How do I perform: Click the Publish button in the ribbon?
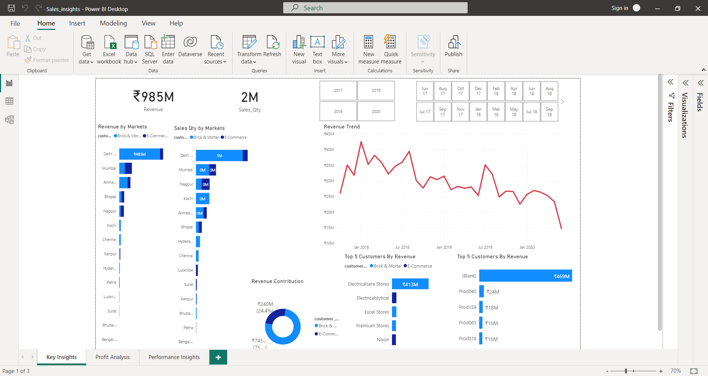pos(453,46)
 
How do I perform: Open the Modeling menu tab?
pos(113,23)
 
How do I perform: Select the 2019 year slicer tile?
pos(376,90)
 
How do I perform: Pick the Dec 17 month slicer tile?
pos(478,91)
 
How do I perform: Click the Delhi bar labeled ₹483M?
pos(140,154)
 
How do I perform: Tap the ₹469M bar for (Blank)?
pos(525,276)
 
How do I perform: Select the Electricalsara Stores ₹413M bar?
pos(410,284)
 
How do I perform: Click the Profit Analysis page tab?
pos(112,357)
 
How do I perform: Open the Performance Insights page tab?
pos(174,357)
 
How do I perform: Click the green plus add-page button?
pos(218,357)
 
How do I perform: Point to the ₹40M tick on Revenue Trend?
pos(329,149)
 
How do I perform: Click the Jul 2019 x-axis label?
pos(485,247)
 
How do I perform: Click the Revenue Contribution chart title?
pos(277,281)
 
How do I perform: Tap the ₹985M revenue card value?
pos(153,97)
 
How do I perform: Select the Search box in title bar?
pos(375,8)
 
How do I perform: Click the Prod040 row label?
pos(467,292)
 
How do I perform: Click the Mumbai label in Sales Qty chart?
pos(186,170)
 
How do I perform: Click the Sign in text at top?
pos(619,8)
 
